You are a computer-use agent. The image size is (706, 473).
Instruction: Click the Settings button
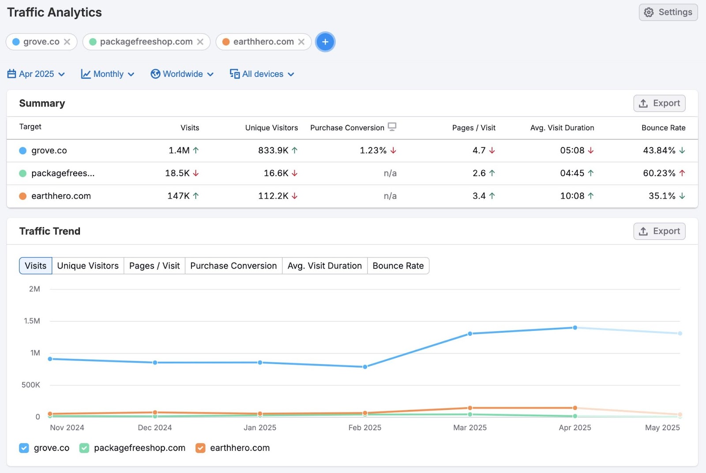click(x=668, y=12)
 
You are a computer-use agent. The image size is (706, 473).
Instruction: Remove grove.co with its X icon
click(x=67, y=42)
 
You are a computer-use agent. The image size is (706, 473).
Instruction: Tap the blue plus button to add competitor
click(x=325, y=42)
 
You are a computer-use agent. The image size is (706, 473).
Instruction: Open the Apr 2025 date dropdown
click(x=36, y=74)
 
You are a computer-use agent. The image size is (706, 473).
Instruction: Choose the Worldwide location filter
click(x=182, y=74)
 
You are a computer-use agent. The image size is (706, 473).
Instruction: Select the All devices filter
click(x=262, y=74)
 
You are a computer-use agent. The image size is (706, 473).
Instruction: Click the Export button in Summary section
click(x=659, y=103)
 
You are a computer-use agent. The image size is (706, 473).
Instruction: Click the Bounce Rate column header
click(x=663, y=128)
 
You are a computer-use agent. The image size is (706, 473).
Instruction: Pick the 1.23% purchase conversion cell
click(x=373, y=150)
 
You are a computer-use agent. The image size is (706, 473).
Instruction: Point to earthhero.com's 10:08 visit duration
click(x=572, y=196)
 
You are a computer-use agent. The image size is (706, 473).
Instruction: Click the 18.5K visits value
click(x=177, y=173)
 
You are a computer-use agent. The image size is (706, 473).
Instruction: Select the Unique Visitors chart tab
click(x=88, y=266)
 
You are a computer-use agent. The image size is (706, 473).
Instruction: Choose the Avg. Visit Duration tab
click(x=324, y=266)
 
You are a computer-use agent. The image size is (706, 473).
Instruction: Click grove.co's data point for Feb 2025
click(x=365, y=367)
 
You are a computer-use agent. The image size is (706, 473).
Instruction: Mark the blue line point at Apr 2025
click(x=575, y=328)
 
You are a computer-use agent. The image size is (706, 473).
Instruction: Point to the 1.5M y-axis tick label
click(x=32, y=321)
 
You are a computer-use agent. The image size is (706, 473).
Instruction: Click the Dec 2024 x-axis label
click(x=154, y=428)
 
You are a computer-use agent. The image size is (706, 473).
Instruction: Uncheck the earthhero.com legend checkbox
click(x=200, y=448)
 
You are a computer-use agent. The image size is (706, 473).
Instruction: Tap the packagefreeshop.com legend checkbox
click(x=84, y=448)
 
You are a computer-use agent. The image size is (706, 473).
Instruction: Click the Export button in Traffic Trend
click(x=659, y=231)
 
